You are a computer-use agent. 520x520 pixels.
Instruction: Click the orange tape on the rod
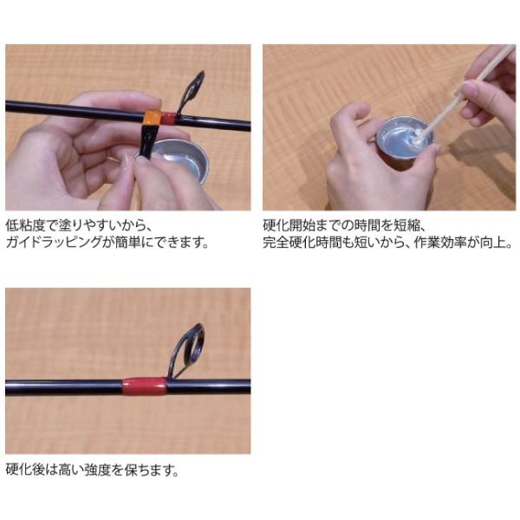click(x=153, y=118)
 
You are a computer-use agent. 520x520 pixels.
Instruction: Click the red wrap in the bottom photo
click(x=144, y=387)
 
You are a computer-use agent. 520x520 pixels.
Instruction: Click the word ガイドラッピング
click(x=54, y=242)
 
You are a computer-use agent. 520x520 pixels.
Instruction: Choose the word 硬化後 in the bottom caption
click(x=25, y=470)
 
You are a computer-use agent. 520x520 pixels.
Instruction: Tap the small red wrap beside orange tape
click(x=168, y=119)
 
